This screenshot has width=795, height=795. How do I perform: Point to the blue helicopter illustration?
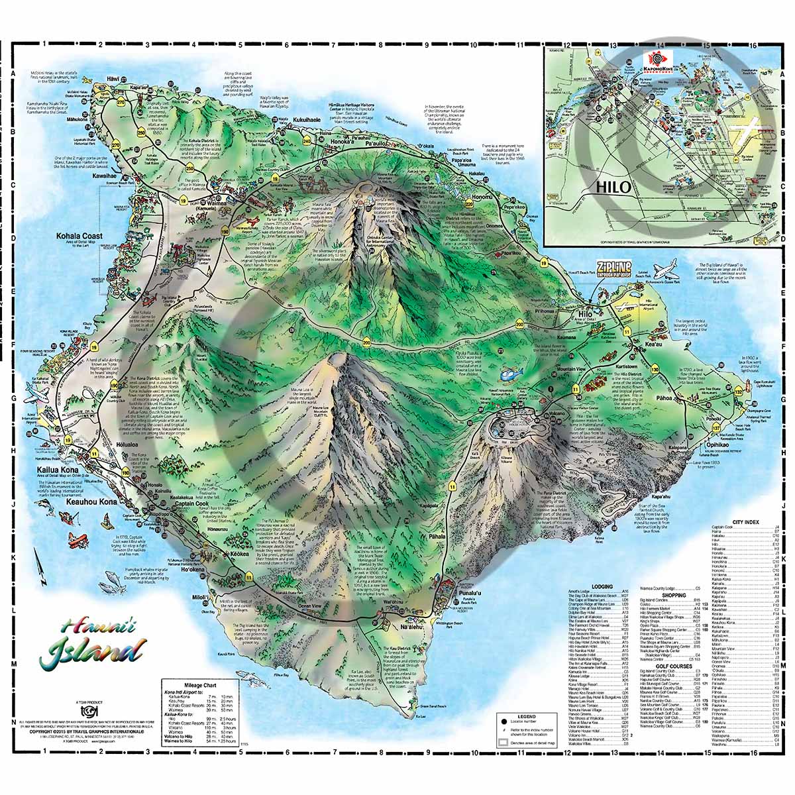508,375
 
